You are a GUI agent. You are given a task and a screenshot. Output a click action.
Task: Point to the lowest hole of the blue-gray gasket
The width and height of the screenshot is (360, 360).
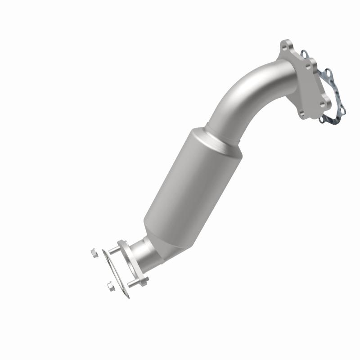click(321, 120)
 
